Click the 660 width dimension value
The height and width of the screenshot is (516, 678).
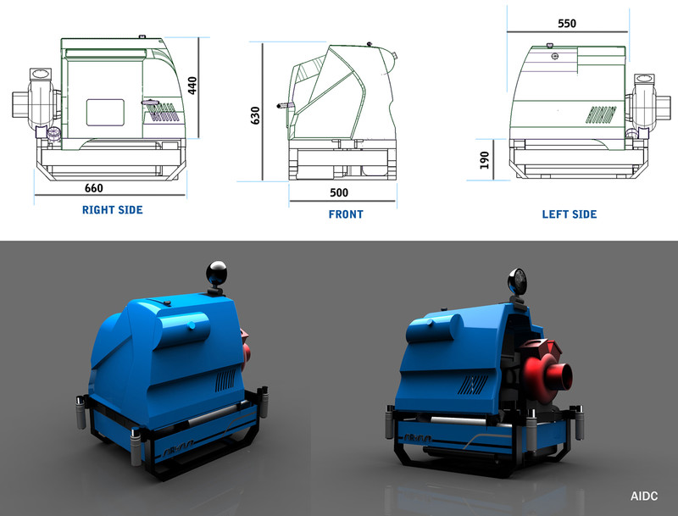pyautogui.click(x=94, y=188)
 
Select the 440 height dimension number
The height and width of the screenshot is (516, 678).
pyautogui.click(x=192, y=86)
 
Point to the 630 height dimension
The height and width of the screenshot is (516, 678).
pyautogui.click(x=255, y=115)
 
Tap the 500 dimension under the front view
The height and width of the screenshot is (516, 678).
pyautogui.click(x=339, y=192)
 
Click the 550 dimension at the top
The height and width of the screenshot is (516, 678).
pyautogui.click(x=567, y=24)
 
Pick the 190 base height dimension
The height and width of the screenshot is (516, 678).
pyautogui.click(x=484, y=160)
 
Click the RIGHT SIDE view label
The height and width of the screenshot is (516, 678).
pyautogui.click(x=113, y=210)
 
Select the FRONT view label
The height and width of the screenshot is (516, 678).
pyautogui.click(x=346, y=214)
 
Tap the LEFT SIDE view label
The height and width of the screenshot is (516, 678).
pyautogui.click(x=570, y=214)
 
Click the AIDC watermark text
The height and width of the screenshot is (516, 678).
pyautogui.click(x=644, y=497)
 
